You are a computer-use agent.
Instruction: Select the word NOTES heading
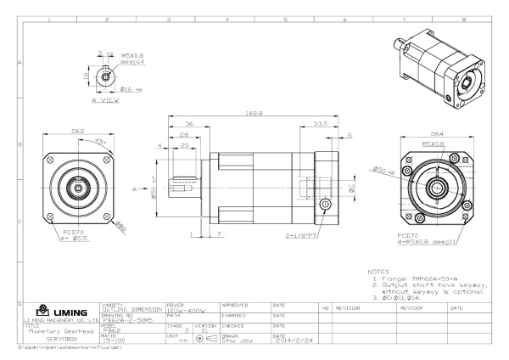378,273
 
